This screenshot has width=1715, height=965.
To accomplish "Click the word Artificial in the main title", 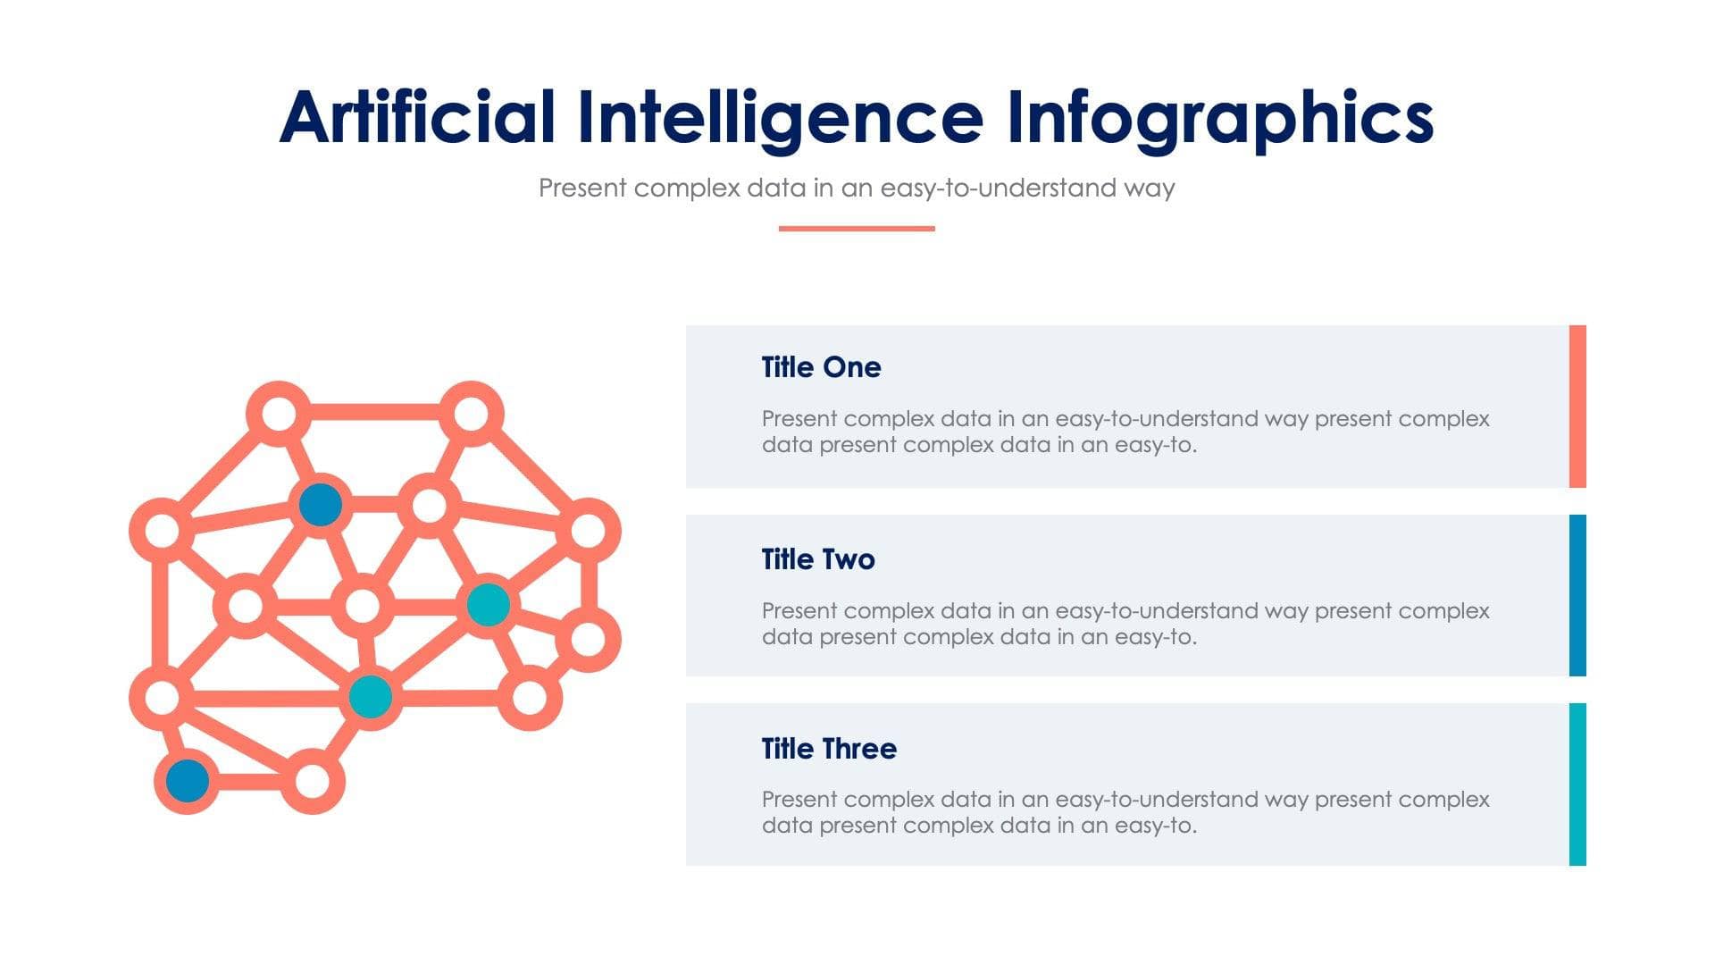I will click(x=417, y=118).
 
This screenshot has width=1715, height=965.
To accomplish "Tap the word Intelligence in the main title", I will click(x=780, y=118).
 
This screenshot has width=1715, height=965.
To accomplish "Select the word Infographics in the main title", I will click(x=1219, y=118).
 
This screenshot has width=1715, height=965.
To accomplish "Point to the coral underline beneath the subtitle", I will click(x=857, y=229).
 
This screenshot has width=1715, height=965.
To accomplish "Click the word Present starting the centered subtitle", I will click(x=582, y=189).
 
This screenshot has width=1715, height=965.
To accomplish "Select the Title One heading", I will click(x=821, y=367).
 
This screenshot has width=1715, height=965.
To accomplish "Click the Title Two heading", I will click(x=818, y=559).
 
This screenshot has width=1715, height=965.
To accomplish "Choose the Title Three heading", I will click(x=829, y=749).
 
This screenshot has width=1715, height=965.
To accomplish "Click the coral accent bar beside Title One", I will click(x=1577, y=407).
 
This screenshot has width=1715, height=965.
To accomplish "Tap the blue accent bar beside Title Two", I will click(x=1577, y=595).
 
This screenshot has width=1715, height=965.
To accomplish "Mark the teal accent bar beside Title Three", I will click(x=1577, y=785).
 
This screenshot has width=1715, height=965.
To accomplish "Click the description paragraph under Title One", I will click(x=1125, y=432).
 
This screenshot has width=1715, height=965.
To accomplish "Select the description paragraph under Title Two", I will click(x=1125, y=624).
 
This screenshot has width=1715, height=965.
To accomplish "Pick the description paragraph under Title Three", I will click(x=1125, y=812).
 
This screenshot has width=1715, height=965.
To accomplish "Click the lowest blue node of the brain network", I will click(x=188, y=780).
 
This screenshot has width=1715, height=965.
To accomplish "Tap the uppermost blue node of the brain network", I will click(x=321, y=505).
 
